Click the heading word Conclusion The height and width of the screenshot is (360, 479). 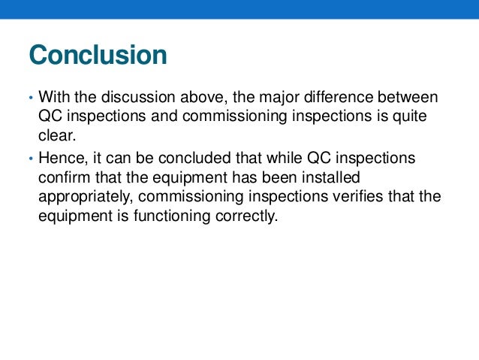tap(97, 56)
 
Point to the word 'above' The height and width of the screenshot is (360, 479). tap(197, 98)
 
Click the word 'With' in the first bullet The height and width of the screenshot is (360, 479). tap(53, 98)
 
